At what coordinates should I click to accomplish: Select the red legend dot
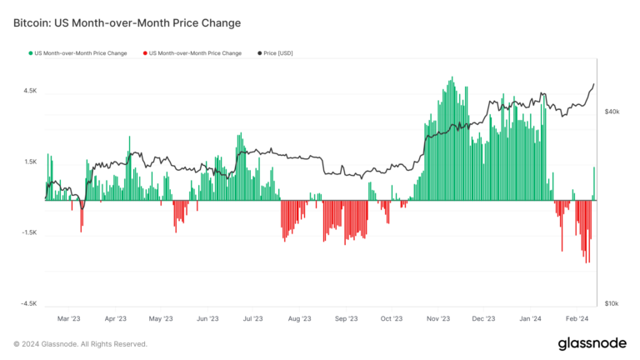click(144, 53)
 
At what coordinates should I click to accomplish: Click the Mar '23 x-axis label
click(69, 318)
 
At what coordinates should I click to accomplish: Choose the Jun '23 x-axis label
click(207, 318)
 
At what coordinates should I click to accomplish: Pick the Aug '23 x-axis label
click(298, 318)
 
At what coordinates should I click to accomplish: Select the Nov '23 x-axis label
click(438, 318)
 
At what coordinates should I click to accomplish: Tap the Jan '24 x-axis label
click(530, 318)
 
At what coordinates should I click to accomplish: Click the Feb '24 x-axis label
click(577, 318)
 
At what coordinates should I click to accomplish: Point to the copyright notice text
click(80, 343)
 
